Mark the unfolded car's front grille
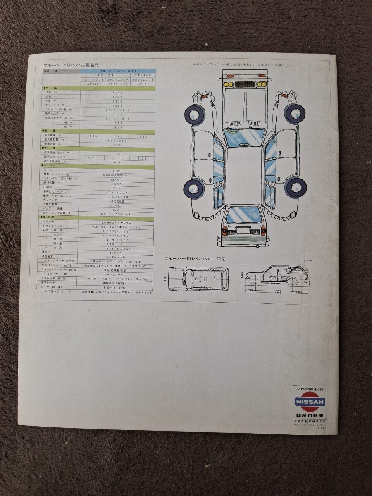click(244, 84)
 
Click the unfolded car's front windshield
click(244, 137)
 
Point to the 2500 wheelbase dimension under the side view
click(276, 291)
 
